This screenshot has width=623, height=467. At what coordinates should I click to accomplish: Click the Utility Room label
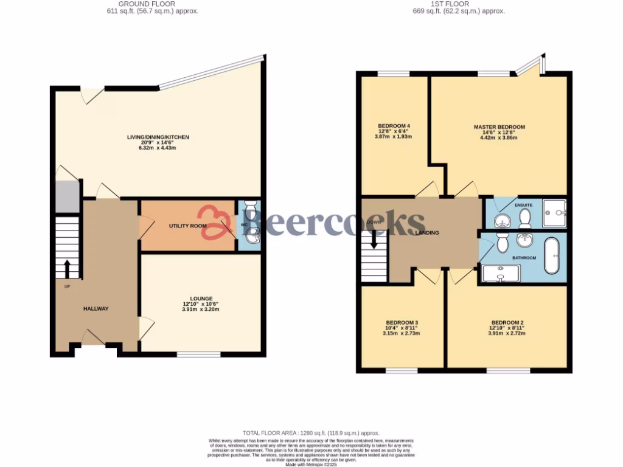click(187, 226)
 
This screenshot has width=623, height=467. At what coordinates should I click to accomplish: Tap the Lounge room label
click(201, 299)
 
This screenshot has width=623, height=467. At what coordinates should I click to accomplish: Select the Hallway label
click(96, 309)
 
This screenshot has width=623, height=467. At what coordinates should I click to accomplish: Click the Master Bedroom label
click(499, 127)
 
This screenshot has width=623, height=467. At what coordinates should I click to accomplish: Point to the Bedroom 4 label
click(394, 126)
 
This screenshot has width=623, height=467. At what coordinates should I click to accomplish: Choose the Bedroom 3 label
click(400, 322)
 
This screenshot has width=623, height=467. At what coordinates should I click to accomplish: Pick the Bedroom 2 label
click(507, 322)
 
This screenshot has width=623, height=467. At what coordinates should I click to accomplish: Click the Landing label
click(426, 233)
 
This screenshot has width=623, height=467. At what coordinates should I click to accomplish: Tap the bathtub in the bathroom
click(552, 257)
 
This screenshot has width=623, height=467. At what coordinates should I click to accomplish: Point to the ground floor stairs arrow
click(67, 268)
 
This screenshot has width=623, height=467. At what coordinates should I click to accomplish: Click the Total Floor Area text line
click(311, 432)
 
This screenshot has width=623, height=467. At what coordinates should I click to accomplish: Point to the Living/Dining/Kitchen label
click(158, 137)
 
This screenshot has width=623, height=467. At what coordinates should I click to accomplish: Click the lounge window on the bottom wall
click(198, 354)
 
